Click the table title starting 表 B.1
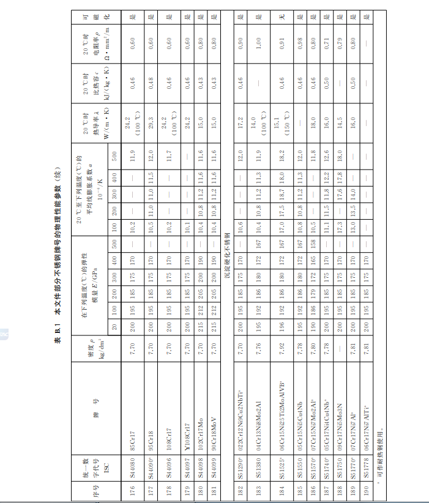pos(57,251)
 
